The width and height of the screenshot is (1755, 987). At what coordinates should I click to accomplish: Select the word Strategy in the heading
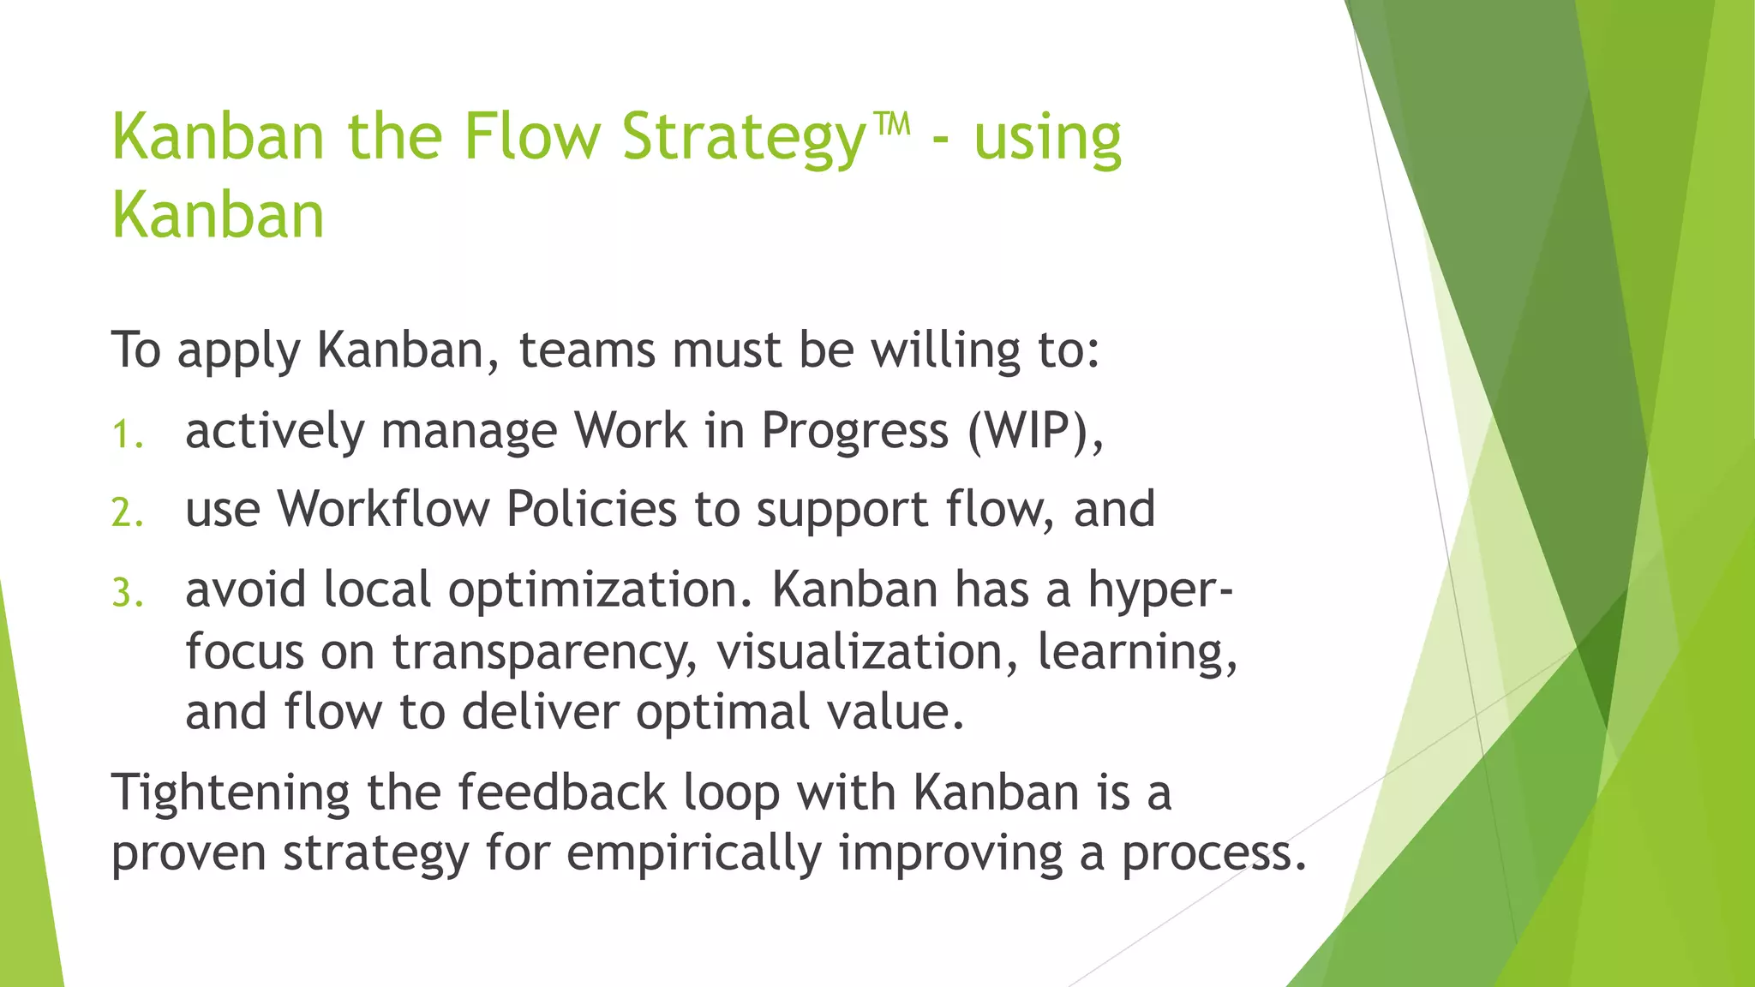(x=744, y=139)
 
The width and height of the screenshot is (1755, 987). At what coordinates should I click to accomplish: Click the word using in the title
(x=1047, y=139)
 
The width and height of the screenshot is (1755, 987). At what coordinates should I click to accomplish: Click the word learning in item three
(x=1136, y=653)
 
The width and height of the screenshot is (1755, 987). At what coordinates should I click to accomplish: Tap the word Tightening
(x=230, y=793)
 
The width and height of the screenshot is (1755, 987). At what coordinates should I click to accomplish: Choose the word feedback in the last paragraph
(x=561, y=792)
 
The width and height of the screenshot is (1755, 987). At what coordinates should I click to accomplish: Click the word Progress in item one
(x=854, y=431)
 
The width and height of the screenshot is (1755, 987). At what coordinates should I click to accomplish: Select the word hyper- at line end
(x=1160, y=591)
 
